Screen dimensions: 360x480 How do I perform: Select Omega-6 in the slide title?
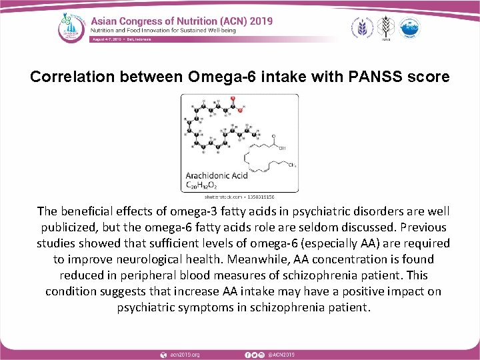(x=215, y=77)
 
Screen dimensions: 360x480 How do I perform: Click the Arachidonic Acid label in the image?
(x=217, y=175)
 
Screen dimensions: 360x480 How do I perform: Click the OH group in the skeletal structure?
(x=282, y=148)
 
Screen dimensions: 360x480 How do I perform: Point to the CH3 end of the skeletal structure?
(x=290, y=164)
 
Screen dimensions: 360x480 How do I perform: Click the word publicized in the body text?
(x=65, y=227)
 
